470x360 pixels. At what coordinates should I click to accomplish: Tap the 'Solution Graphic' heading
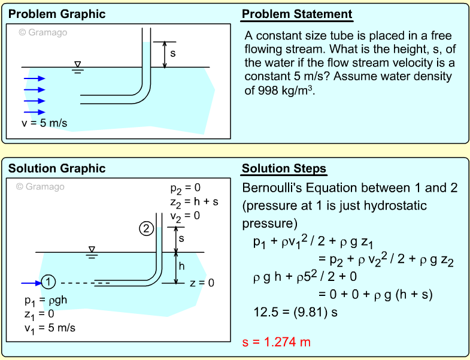[x=57, y=168]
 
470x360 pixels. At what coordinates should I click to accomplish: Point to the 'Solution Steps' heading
[x=284, y=168]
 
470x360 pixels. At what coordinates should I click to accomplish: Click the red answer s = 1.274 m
[x=277, y=342]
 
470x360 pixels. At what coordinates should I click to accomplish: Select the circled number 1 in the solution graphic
[x=50, y=283]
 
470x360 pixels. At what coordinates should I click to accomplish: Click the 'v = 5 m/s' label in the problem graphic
[x=44, y=124]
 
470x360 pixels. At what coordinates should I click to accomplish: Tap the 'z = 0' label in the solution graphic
[x=202, y=283]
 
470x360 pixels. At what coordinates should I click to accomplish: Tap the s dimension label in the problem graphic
[x=173, y=53]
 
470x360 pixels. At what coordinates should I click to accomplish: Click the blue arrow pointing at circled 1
[x=31, y=283]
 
